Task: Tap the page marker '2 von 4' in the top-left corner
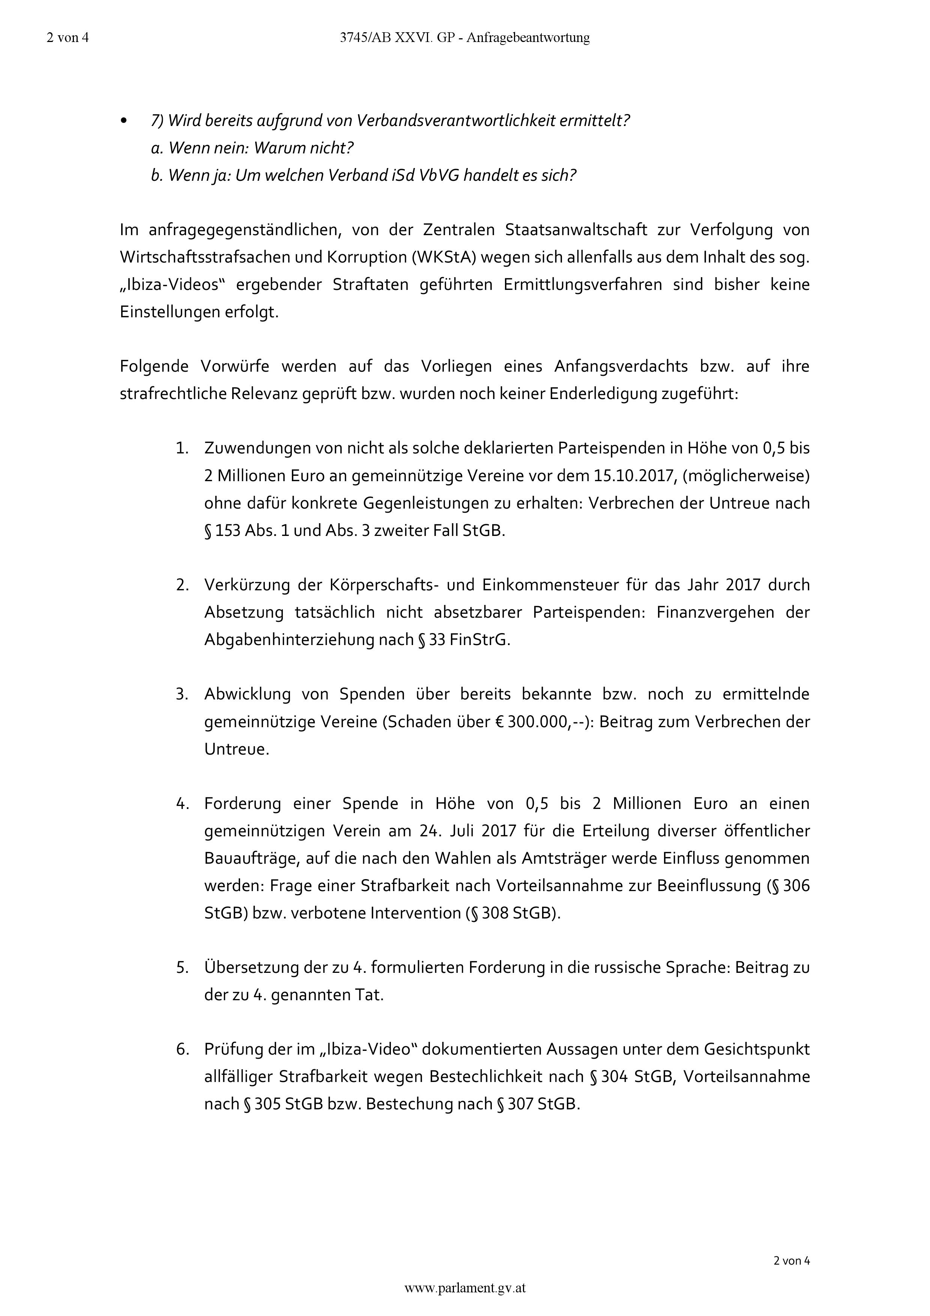[x=68, y=38]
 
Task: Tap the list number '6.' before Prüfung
[x=182, y=1049]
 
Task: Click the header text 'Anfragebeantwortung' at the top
[x=528, y=38]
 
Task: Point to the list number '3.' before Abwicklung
[x=182, y=695]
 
